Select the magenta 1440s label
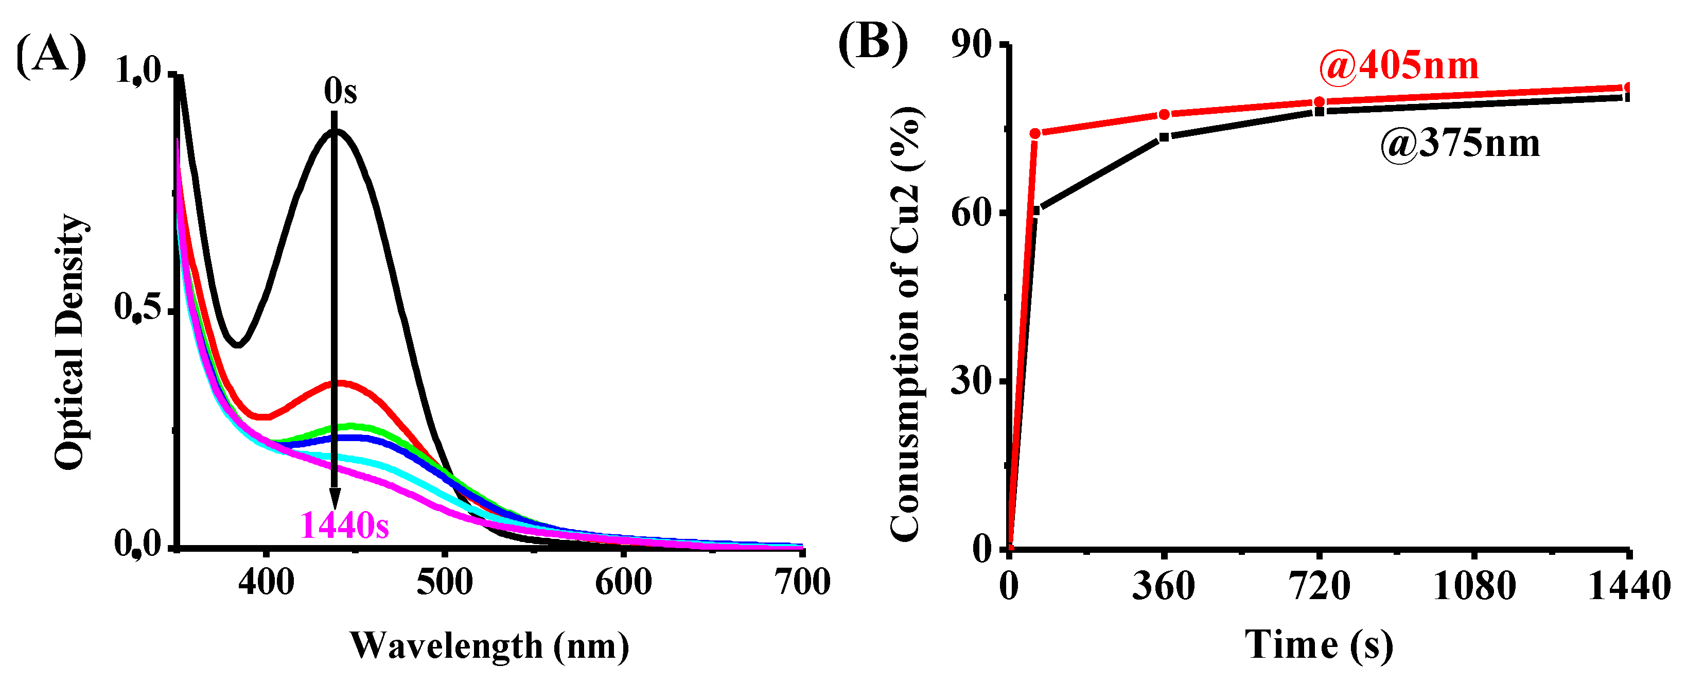(344, 525)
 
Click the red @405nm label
(1398, 66)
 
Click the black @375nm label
(1460, 144)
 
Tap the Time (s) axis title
(1319, 644)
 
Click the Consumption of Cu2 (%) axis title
(906, 324)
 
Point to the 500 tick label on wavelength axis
(445, 582)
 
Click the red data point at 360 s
(1164, 115)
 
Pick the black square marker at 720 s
(1320, 111)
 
